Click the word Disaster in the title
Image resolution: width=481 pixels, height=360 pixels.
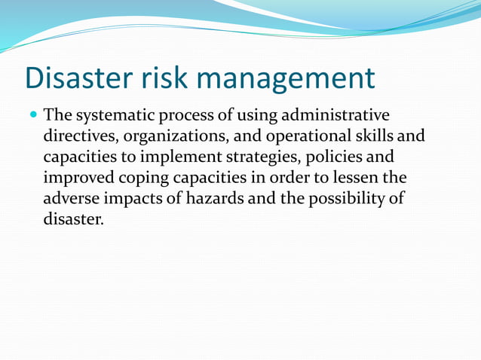[x=76, y=78]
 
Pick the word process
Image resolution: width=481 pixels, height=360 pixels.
[x=191, y=117]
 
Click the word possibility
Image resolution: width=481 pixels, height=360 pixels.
[x=345, y=200]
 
